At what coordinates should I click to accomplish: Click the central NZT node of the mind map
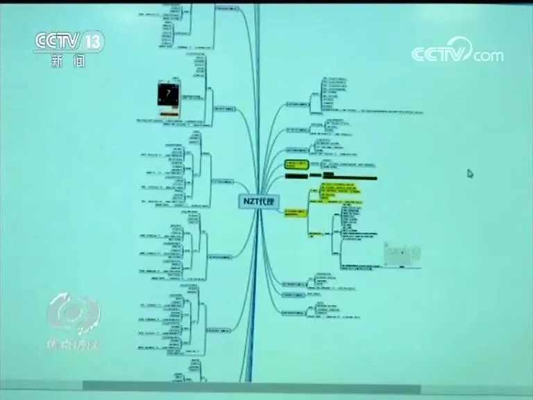259,201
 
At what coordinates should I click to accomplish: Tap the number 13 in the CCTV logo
94,42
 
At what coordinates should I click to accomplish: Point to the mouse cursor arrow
470,174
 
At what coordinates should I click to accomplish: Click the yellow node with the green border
296,165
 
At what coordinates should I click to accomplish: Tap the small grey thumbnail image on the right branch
402,254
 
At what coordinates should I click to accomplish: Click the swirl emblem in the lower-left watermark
73,313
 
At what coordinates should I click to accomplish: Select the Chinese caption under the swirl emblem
73,344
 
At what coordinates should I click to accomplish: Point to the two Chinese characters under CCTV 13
68,61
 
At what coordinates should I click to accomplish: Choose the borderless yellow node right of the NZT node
296,212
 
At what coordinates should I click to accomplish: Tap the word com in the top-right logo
489,56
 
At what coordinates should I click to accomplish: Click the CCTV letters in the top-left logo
58,42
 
